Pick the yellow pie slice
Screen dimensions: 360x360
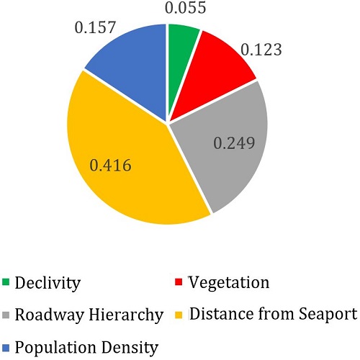tap(130, 173)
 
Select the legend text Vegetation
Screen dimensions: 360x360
tap(228, 282)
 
